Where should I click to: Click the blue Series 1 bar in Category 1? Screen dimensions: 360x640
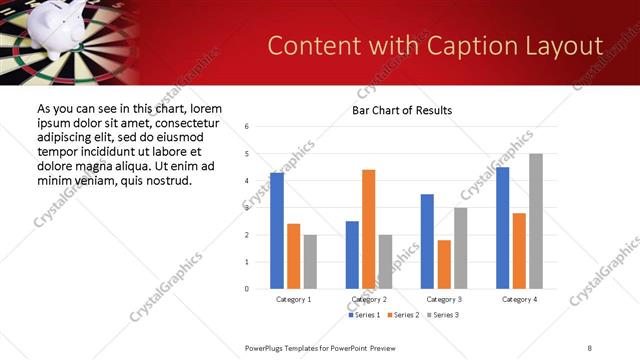pyautogui.click(x=277, y=231)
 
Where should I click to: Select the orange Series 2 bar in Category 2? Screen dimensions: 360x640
pyautogui.click(x=368, y=229)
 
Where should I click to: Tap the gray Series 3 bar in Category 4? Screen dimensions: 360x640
pyautogui.click(x=535, y=221)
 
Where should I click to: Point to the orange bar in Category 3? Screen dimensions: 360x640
pyautogui.click(x=444, y=264)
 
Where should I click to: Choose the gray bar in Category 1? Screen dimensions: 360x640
pyautogui.click(x=310, y=262)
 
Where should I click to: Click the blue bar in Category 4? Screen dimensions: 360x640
pyautogui.click(x=502, y=228)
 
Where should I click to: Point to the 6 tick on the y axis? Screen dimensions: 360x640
pyautogui.click(x=247, y=127)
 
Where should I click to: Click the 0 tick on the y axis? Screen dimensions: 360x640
pyautogui.click(x=247, y=289)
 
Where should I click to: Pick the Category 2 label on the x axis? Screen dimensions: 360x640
pyautogui.click(x=369, y=299)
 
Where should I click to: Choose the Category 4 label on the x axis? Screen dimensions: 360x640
pyautogui.click(x=518, y=299)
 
